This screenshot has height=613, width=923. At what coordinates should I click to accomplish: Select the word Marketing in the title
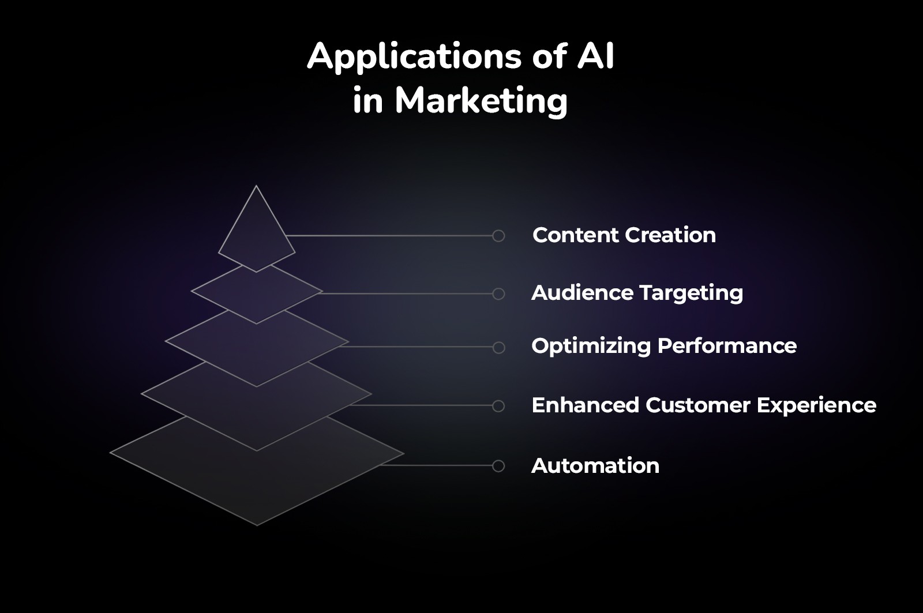tap(481, 101)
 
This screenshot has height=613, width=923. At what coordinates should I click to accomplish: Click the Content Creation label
tap(624, 235)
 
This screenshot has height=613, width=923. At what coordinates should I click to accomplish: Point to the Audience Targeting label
tap(637, 293)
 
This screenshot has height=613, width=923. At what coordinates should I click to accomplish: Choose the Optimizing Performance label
tap(664, 346)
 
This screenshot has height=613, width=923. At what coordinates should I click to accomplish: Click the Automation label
tap(595, 466)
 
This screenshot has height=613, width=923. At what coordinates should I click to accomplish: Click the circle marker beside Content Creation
tap(498, 235)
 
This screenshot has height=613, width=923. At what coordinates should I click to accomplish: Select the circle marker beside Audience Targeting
tap(498, 294)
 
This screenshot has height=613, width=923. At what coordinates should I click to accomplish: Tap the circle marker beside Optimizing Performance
tap(498, 347)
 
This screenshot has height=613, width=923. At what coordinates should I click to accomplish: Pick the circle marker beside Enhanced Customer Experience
tap(498, 406)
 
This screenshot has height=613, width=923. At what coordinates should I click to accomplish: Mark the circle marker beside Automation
tap(498, 466)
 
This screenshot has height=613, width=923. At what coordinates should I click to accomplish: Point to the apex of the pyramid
tap(257, 186)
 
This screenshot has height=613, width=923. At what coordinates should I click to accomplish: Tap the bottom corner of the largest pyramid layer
tap(257, 525)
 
